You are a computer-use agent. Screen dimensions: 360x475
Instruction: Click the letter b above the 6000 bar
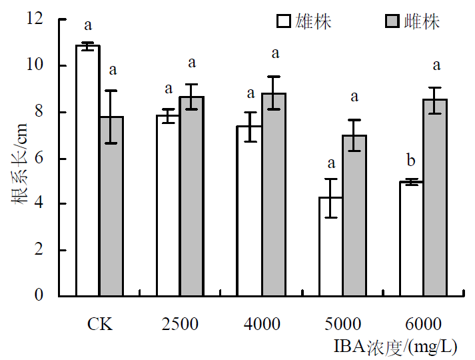coord(412,161)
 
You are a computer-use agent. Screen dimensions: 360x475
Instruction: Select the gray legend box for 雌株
coord(393,21)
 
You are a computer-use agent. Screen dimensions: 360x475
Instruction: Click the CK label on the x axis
coord(99,325)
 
